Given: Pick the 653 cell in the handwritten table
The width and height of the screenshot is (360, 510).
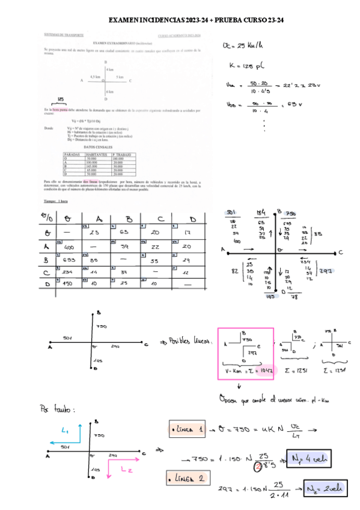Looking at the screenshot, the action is click(x=69, y=260).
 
